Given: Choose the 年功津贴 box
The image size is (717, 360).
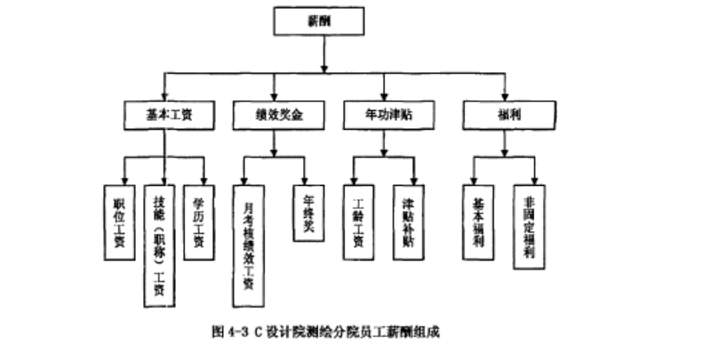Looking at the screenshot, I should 387,115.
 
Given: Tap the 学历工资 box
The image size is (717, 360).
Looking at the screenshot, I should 199,221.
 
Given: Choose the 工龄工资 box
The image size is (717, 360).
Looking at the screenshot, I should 357,221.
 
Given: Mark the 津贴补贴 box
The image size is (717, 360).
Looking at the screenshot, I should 408,221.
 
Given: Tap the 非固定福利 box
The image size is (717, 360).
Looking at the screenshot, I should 530,227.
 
